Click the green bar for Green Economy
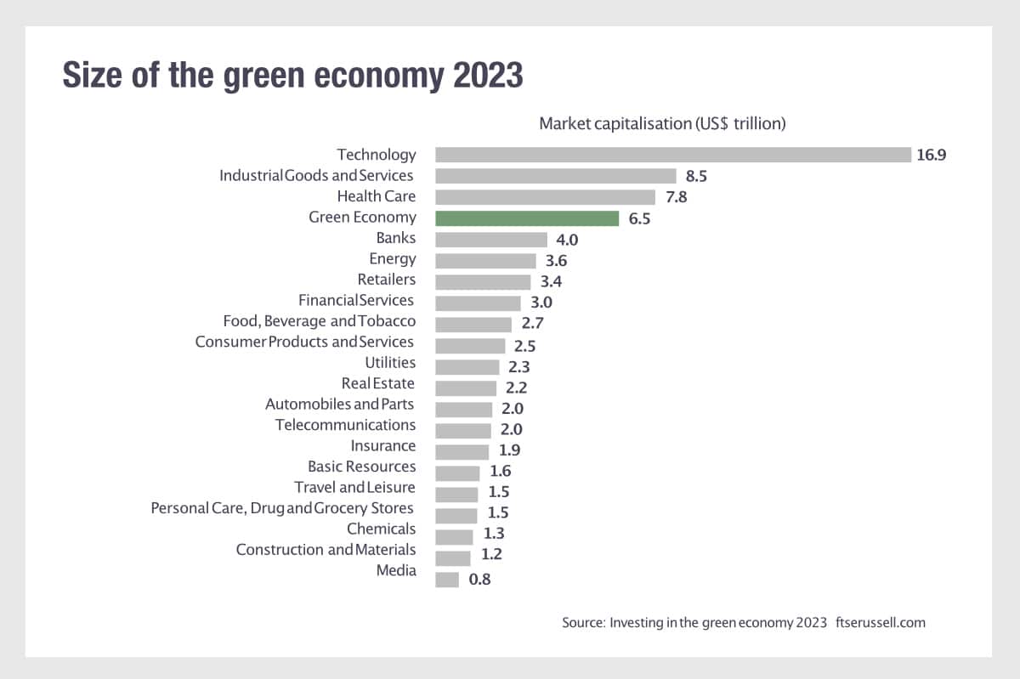coord(527,218)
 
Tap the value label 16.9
coord(932,155)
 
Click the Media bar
coord(447,580)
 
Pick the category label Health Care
coord(377,196)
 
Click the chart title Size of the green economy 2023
coord(292,76)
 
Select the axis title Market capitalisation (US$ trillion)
coord(662,124)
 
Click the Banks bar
coord(491,240)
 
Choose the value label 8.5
coord(697,177)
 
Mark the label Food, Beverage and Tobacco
coord(320,321)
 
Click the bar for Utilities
coord(467,367)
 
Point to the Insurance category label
coord(383,445)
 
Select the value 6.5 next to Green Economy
coord(639,219)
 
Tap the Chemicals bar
coord(454,537)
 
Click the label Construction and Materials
coord(326,550)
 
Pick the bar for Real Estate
coord(466,388)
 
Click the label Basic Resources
coord(362,467)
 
